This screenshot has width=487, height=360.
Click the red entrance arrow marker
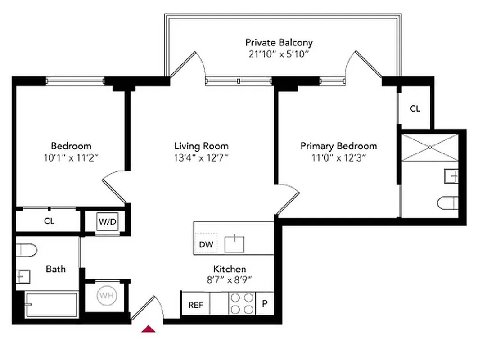tap(149, 329)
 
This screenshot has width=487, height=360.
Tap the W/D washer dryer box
tap(108, 221)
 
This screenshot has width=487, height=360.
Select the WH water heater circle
tap(106, 296)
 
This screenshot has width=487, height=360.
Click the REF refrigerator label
tap(196, 305)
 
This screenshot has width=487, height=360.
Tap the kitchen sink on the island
tap(234, 244)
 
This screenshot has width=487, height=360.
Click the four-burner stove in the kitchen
tap(242, 303)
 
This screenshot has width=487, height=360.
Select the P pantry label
tap(265, 304)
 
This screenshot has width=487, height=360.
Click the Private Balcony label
tap(279, 43)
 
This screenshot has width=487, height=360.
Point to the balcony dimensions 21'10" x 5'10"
tap(279, 54)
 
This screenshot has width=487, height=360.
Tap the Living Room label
tap(201, 146)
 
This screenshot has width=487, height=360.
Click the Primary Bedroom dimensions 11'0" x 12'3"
tap(338, 157)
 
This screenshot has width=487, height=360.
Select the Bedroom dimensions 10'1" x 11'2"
tap(71, 157)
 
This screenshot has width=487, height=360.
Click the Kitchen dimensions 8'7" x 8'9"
tap(230, 279)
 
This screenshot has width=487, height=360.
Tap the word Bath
tap(56, 269)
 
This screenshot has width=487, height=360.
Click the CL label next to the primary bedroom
tap(415, 108)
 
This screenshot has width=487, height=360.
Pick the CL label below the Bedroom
tap(49, 221)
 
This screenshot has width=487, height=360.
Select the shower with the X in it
tap(429, 147)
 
